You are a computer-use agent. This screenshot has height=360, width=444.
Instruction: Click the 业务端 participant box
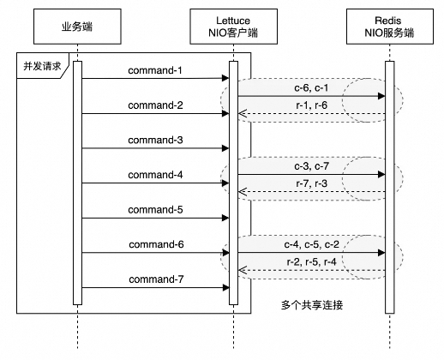(x=77, y=27)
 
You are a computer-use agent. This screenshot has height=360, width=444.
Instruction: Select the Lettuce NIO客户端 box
(x=233, y=27)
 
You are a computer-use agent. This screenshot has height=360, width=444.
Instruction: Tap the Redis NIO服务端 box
(x=389, y=27)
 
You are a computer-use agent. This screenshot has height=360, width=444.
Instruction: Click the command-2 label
(x=155, y=105)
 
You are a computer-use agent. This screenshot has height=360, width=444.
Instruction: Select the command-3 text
(x=155, y=139)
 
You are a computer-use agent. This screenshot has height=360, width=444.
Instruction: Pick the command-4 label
(x=155, y=175)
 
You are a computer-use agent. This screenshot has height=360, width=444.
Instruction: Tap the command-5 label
(x=155, y=209)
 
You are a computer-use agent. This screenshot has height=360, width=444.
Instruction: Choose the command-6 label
(x=155, y=244)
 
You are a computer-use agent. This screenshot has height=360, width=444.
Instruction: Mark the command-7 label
(x=155, y=279)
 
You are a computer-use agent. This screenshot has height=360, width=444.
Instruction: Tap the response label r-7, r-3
(x=309, y=182)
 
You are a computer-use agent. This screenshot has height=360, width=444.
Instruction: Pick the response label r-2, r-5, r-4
(x=309, y=262)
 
